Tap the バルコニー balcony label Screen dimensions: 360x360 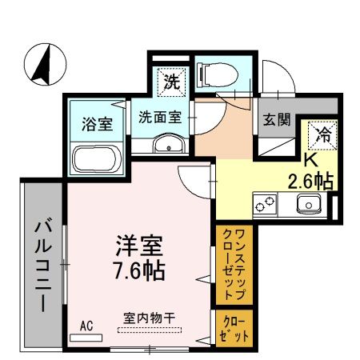[x=42, y=264]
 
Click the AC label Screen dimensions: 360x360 [x=86, y=327]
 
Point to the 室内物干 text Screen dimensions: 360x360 [x=149, y=318]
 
